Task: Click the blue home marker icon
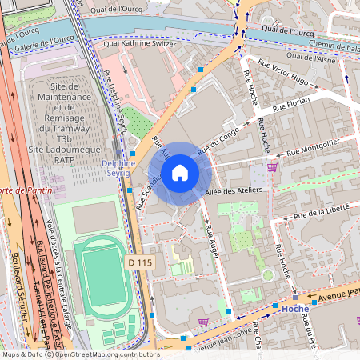point(180,172)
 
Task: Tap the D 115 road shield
point(140,262)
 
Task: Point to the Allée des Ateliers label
point(232,191)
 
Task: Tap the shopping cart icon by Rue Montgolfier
point(273,166)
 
